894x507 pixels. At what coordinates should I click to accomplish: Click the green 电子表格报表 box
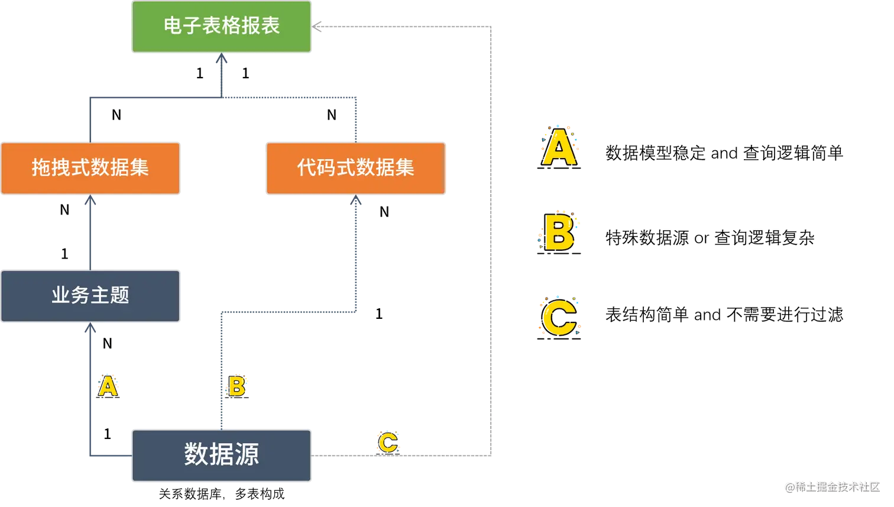221,27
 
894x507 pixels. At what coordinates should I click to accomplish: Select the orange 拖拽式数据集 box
90,168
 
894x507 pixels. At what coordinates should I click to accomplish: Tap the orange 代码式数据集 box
355,168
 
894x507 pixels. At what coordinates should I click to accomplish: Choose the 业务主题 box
90,296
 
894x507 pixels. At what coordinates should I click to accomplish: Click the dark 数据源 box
221,455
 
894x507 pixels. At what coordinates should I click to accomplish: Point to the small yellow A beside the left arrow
108,386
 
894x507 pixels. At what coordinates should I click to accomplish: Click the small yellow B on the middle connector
237,386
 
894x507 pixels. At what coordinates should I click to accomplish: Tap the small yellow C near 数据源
388,443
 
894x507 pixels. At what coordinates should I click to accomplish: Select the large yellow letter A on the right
559,148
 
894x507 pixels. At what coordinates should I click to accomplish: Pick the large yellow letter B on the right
559,232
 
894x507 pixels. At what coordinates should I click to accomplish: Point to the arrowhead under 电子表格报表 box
222,60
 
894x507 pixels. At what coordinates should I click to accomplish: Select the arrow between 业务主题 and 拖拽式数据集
90,234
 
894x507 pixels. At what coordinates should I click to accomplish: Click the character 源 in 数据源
247,455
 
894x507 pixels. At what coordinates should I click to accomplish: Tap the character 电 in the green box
173,26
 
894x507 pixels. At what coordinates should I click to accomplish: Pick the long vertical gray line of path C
492,237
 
